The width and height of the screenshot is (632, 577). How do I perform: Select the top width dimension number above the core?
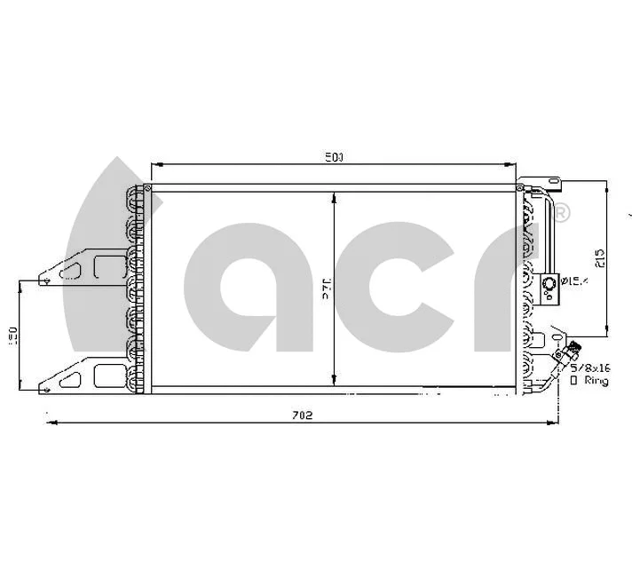tap(334, 157)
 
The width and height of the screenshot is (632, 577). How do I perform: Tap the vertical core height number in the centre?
tap(326, 290)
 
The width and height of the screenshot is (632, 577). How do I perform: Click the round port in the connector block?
tap(549, 283)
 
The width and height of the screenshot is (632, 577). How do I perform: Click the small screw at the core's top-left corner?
tap(147, 187)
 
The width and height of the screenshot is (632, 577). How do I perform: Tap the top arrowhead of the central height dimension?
tap(334, 196)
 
